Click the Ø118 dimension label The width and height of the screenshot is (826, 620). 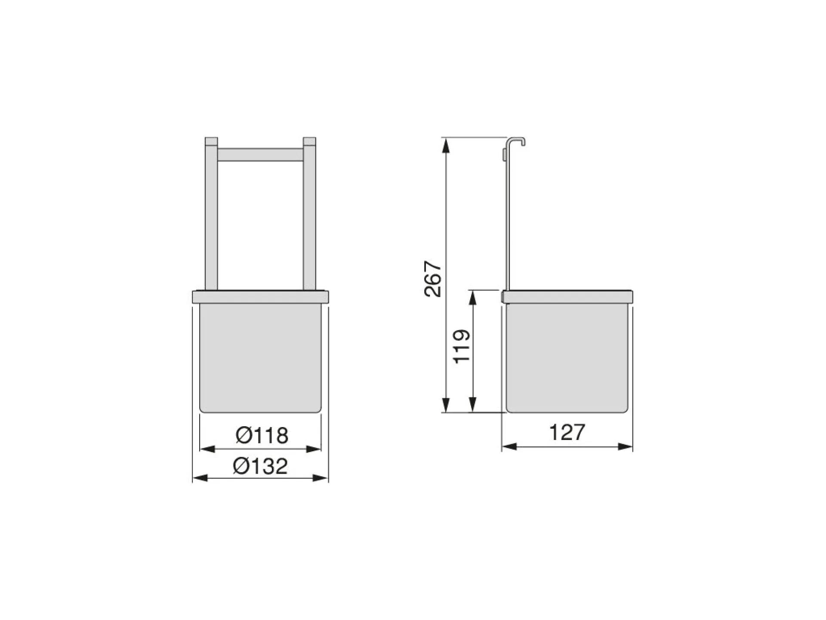coord(262,435)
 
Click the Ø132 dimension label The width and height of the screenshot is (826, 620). coord(260,466)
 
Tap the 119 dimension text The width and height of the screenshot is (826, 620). coord(462,347)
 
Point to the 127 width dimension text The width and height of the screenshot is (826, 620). coord(567,432)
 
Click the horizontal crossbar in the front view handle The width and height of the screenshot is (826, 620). coord(260,155)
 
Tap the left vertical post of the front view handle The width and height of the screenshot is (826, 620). coord(211,214)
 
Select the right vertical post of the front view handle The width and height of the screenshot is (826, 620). coord(310,214)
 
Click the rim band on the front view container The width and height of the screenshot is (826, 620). coord(260,297)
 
